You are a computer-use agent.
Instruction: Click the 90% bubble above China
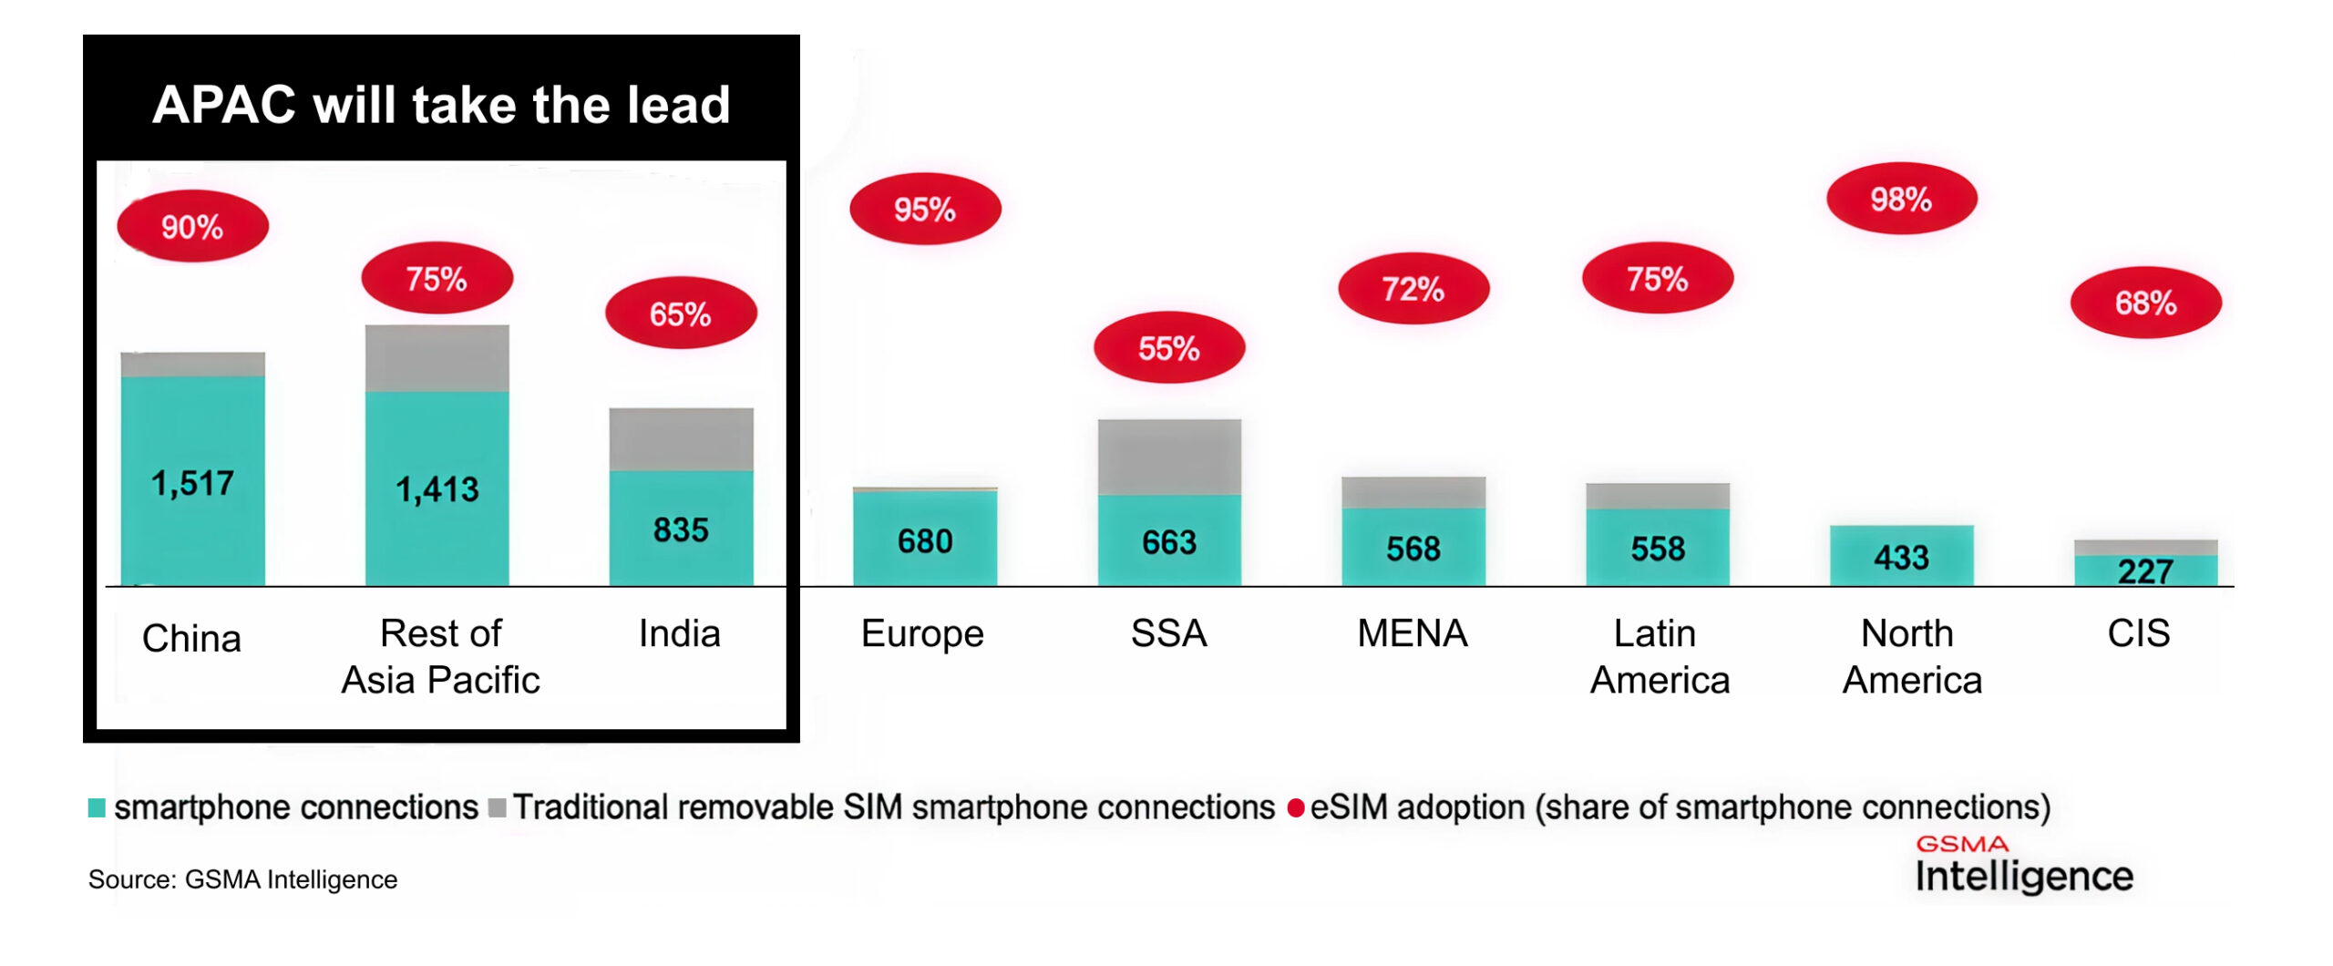[192, 226]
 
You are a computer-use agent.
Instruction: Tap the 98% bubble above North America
[1901, 199]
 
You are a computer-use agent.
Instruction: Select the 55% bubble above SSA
[1168, 347]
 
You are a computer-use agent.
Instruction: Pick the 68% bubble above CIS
[2145, 303]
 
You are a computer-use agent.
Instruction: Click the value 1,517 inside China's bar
[192, 483]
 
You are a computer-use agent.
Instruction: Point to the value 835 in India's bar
[681, 529]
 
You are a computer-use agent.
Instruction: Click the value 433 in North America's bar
[1901, 557]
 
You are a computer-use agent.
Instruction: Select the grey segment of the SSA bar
[1168, 456]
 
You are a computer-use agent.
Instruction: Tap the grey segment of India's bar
[681, 439]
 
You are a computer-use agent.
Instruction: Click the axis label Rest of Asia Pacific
[440, 656]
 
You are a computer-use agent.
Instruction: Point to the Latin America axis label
[1659, 656]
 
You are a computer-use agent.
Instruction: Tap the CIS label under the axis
[2138, 633]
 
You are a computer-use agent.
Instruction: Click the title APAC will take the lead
[441, 104]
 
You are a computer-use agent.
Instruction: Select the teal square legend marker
[97, 807]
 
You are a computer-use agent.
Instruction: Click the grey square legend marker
[497, 807]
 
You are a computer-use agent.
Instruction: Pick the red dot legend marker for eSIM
[1295, 807]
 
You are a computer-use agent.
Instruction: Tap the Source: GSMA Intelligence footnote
[242, 879]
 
